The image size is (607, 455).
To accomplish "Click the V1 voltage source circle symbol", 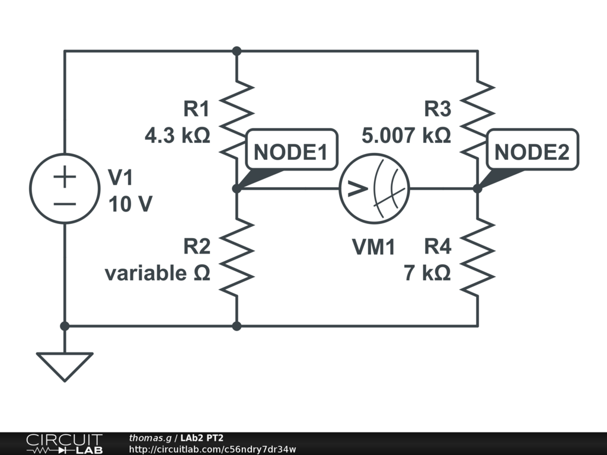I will tap(65, 188).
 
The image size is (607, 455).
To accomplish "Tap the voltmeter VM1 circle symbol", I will tap(375, 188).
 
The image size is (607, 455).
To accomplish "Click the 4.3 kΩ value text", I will tap(177, 136).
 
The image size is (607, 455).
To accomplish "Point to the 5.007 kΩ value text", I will tap(406, 136).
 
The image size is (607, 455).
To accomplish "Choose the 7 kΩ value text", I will tap(427, 273).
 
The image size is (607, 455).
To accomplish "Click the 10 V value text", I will tap(130, 204).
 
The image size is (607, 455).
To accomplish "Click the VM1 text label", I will tap(373, 246).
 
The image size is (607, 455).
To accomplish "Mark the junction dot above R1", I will tap(237, 51).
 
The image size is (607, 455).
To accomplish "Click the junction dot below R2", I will tap(237, 326).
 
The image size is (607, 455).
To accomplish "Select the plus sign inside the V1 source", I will tap(65, 177).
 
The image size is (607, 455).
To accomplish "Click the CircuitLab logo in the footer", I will tap(64, 443).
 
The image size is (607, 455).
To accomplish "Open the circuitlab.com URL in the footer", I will tap(212, 449).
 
